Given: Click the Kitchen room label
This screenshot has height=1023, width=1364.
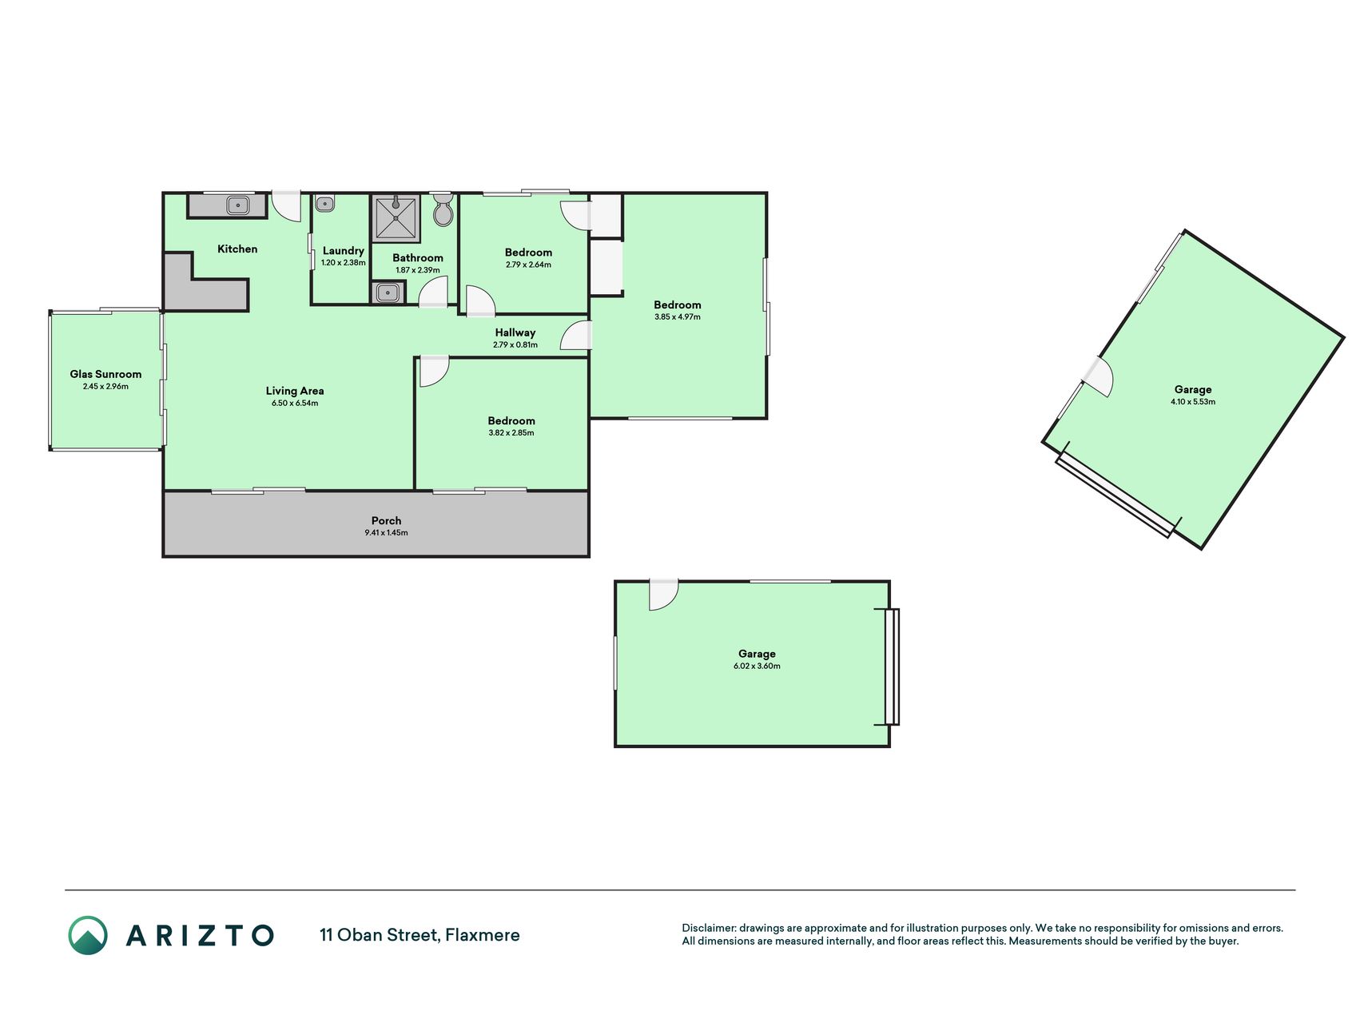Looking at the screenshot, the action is [x=237, y=249].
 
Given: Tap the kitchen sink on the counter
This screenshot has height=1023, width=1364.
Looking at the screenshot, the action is [x=238, y=205].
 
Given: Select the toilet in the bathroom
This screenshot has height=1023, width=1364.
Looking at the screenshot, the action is [x=443, y=210].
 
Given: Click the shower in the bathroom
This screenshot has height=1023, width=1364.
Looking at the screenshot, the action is [x=396, y=217].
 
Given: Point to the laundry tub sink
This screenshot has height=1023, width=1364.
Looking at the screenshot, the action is [x=324, y=205].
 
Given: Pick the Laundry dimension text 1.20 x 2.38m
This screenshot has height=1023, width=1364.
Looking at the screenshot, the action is [x=344, y=263].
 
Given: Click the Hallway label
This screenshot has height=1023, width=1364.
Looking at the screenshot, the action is [x=515, y=332].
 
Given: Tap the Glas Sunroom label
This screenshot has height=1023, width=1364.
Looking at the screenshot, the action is [x=105, y=374].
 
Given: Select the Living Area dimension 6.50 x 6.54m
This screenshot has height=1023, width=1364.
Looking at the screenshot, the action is [x=295, y=404].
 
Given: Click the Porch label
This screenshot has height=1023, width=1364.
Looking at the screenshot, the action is [x=386, y=520].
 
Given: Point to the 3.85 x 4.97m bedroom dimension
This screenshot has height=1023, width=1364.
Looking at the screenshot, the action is [x=678, y=317].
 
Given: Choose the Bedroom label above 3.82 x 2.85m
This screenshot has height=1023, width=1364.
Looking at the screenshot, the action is [x=511, y=420].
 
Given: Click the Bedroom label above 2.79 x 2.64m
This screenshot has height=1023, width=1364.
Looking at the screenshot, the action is [x=528, y=253].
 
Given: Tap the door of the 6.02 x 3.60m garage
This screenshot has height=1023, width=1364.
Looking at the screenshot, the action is [x=663, y=595].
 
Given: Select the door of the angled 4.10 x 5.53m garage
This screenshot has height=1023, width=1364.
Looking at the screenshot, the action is [x=1098, y=376].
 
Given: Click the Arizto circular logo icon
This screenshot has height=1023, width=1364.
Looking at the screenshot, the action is [x=88, y=935].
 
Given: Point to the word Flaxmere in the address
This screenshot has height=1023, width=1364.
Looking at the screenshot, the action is [x=483, y=935].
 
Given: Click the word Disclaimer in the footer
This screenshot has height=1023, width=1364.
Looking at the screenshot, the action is [x=708, y=928].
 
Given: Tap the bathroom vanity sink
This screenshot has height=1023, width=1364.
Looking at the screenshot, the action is [x=387, y=293].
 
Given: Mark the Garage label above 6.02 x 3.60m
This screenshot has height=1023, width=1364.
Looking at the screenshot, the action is [x=757, y=654].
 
